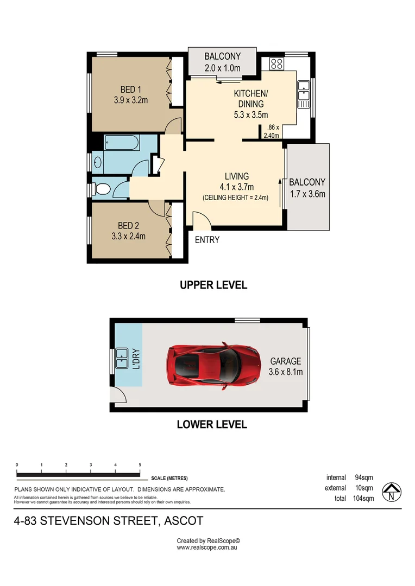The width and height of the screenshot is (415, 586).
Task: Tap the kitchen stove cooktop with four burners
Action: coord(276,64)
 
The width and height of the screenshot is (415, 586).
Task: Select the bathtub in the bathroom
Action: coord(121,143)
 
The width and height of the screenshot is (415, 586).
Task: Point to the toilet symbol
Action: coord(102,189)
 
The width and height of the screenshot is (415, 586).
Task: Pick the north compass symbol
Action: coord(391,492)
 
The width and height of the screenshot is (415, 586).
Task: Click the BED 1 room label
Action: coord(131,90)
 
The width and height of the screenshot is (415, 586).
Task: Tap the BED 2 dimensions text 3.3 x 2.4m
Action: coord(129,236)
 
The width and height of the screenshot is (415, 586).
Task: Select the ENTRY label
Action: coord(206,239)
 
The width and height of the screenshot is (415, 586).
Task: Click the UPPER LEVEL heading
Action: coord(213,285)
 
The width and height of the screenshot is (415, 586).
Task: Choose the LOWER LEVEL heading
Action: coord(212,424)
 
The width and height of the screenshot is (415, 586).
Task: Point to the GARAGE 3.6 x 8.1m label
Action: coord(286,366)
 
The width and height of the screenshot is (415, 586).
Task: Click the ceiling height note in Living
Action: coord(235,198)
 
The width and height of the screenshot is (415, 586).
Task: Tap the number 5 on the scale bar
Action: coord(140,465)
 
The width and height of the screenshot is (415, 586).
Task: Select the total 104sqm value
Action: coord(363,498)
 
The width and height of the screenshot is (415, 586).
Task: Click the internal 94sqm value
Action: coord(364,477)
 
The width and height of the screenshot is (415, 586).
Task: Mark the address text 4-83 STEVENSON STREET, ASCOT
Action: coord(109,521)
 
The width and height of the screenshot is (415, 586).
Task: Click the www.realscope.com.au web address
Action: coord(207,547)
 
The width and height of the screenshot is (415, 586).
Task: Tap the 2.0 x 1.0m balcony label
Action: coord(222,68)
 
